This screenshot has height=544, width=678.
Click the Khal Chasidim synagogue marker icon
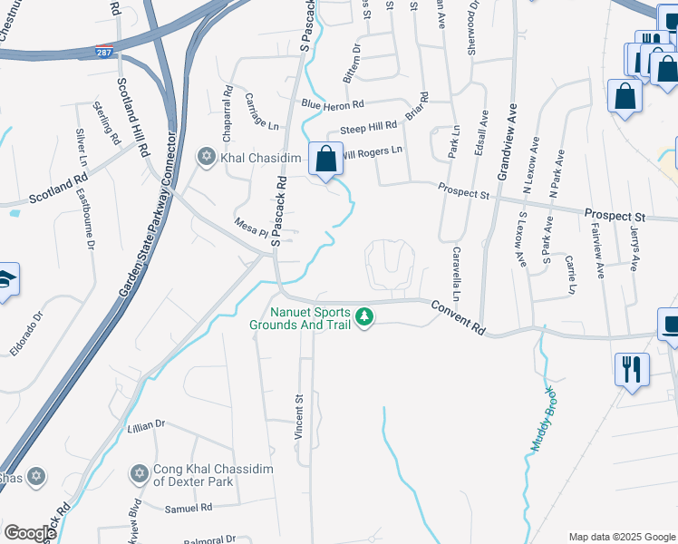coord(205,157)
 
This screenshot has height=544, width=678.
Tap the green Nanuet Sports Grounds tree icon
coord(364,317)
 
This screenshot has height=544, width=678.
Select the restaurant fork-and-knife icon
coord(632,368)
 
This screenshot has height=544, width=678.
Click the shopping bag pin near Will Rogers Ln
coord(325,160)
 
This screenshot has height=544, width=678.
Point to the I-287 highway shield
coord(105,51)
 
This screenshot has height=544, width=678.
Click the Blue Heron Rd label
coord(333,105)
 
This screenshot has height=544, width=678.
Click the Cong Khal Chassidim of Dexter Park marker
coord(139,473)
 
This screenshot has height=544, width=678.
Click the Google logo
coord(30,532)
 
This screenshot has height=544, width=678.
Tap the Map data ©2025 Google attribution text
coord(620,537)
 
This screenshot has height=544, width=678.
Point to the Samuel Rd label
coord(188,509)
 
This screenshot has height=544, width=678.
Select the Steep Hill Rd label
coord(368,127)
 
